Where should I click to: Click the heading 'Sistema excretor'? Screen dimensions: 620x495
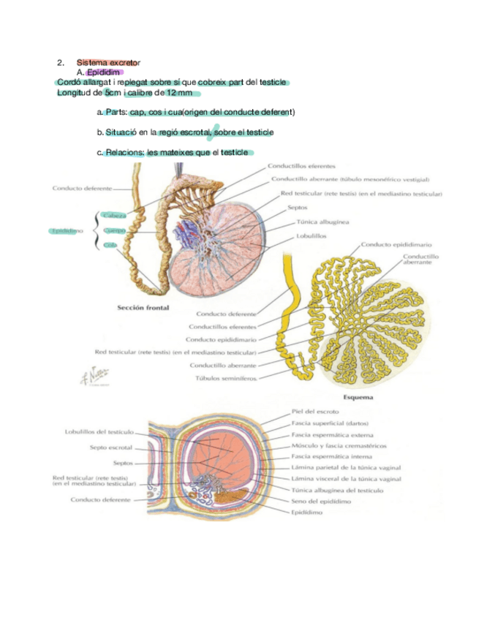pos(108,63)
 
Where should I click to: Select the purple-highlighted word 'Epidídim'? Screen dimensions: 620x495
pos(104,72)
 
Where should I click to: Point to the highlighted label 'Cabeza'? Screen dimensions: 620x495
pos(116,216)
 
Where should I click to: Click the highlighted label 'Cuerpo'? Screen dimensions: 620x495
pos(116,230)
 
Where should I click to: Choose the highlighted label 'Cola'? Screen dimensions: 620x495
pos(111,246)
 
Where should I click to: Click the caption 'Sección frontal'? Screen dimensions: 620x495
pos(143,308)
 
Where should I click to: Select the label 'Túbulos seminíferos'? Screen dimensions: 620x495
pos(225,378)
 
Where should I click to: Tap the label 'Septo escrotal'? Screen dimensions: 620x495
pos(110,447)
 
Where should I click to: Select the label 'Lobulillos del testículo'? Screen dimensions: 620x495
pos(99,432)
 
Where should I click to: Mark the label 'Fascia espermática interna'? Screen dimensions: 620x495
pos(332,456)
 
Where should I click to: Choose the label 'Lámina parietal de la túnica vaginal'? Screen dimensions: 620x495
pos(346,468)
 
